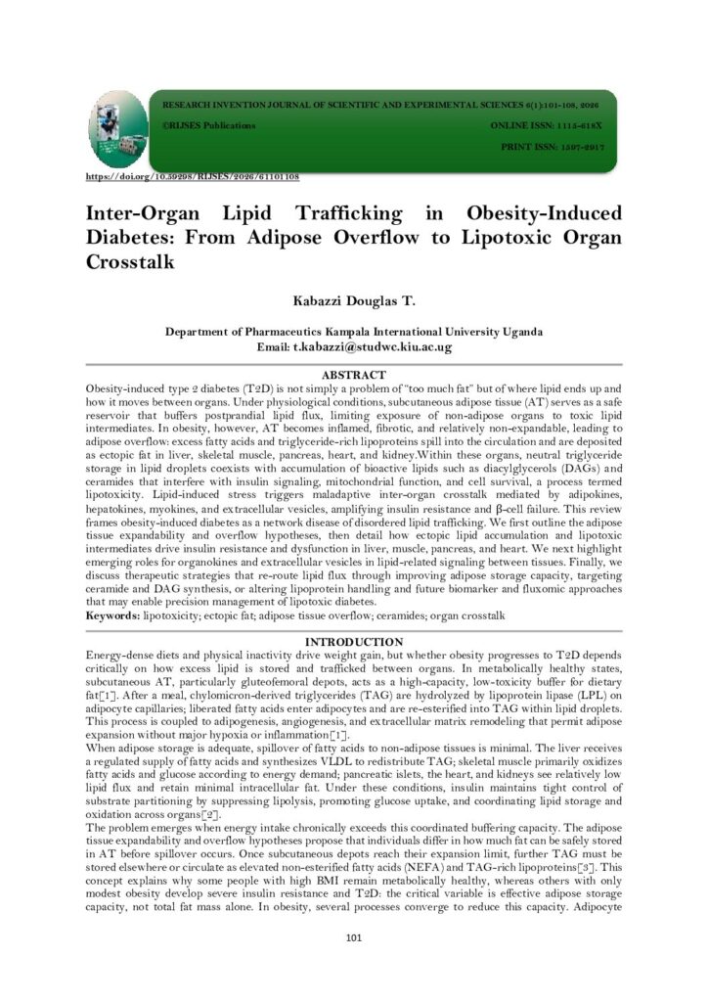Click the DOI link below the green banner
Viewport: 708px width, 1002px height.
(193, 177)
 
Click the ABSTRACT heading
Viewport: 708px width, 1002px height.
(354, 375)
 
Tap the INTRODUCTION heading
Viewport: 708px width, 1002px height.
(353, 641)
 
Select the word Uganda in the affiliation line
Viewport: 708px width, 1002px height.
(518, 333)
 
